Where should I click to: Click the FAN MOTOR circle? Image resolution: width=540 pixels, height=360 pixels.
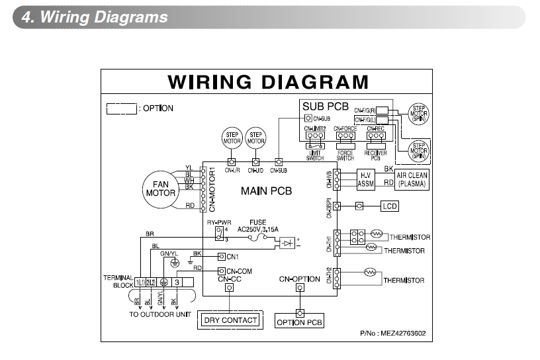pos(160,188)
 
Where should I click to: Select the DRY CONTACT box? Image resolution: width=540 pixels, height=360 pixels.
pos(230,320)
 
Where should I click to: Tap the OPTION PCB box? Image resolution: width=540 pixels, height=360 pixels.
pos(299,322)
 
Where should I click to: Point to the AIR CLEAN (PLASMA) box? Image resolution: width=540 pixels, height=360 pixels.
pos(412,179)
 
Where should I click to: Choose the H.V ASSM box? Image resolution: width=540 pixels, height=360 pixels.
pos(366,179)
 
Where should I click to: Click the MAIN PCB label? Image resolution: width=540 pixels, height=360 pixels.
pos(266,192)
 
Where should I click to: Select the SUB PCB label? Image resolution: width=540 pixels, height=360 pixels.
pos(325,106)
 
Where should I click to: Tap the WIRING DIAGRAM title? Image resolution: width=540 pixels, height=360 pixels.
pos(268,82)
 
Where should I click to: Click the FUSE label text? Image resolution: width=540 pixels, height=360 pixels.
pos(258,222)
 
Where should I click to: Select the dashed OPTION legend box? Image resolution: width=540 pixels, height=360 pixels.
pos(122,108)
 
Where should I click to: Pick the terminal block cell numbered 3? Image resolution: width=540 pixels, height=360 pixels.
pos(177,282)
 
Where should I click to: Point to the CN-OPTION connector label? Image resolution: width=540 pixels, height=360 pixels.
pos(299,279)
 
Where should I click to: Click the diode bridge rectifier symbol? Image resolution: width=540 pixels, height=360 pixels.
pos(287,244)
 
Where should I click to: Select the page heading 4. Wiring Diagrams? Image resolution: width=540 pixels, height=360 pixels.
pos(95,17)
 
